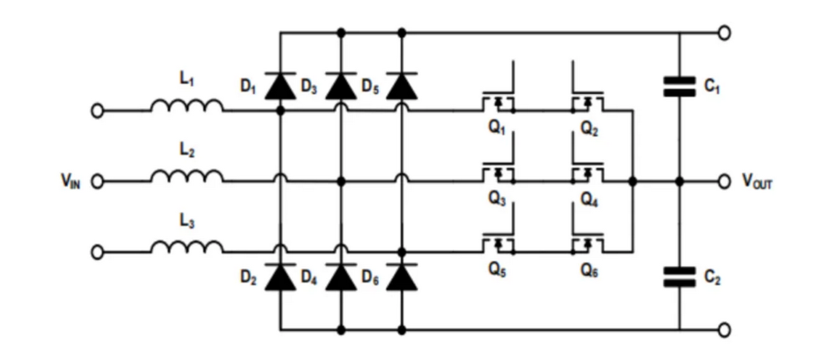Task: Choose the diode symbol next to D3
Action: pos(341,86)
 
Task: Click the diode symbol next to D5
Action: pos(402,86)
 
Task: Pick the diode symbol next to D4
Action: pos(341,278)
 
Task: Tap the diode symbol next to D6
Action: pos(402,278)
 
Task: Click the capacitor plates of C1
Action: pos(680,86)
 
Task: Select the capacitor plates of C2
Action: pos(680,276)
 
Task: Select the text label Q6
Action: pos(589,271)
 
